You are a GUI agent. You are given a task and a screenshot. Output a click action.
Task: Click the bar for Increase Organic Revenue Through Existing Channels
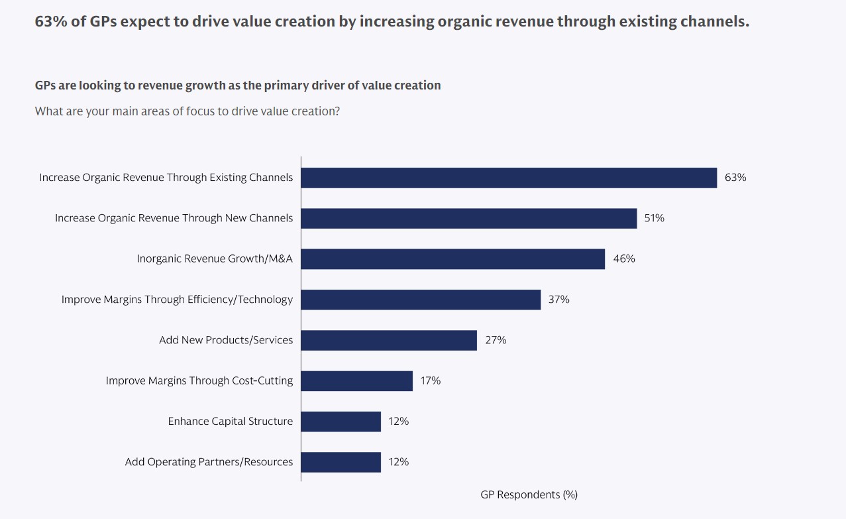(509, 178)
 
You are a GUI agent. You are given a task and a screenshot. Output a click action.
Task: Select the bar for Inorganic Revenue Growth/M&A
(452, 259)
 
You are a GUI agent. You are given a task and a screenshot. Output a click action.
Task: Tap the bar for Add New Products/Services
(389, 340)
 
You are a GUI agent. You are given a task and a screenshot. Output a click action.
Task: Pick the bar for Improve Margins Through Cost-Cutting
(356, 380)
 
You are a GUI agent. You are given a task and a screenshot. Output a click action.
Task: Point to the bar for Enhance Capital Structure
(341, 422)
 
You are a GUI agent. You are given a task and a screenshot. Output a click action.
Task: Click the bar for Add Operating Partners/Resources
(341, 462)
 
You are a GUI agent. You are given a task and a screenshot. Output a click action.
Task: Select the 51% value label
(654, 218)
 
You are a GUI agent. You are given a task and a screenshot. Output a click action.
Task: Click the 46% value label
(623, 259)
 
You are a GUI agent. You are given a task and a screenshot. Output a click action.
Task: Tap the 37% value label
(558, 300)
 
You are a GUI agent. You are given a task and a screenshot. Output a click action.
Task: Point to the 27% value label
(495, 340)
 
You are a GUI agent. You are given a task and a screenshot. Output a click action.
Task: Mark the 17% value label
(430, 380)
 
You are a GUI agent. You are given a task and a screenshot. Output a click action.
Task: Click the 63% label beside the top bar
(735, 178)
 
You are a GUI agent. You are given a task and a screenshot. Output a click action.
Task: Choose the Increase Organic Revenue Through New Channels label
(174, 218)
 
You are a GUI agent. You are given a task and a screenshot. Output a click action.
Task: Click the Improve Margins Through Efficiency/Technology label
(177, 300)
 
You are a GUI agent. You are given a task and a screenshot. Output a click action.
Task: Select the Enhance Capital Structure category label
(230, 422)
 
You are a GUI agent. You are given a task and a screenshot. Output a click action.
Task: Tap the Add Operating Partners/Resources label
(209, 462)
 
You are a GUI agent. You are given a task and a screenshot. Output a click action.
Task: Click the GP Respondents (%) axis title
(529, 494)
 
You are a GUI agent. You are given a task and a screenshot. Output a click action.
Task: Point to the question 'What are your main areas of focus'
(187, 111)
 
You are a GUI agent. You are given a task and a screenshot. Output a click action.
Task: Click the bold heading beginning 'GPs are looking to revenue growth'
(237, 86)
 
